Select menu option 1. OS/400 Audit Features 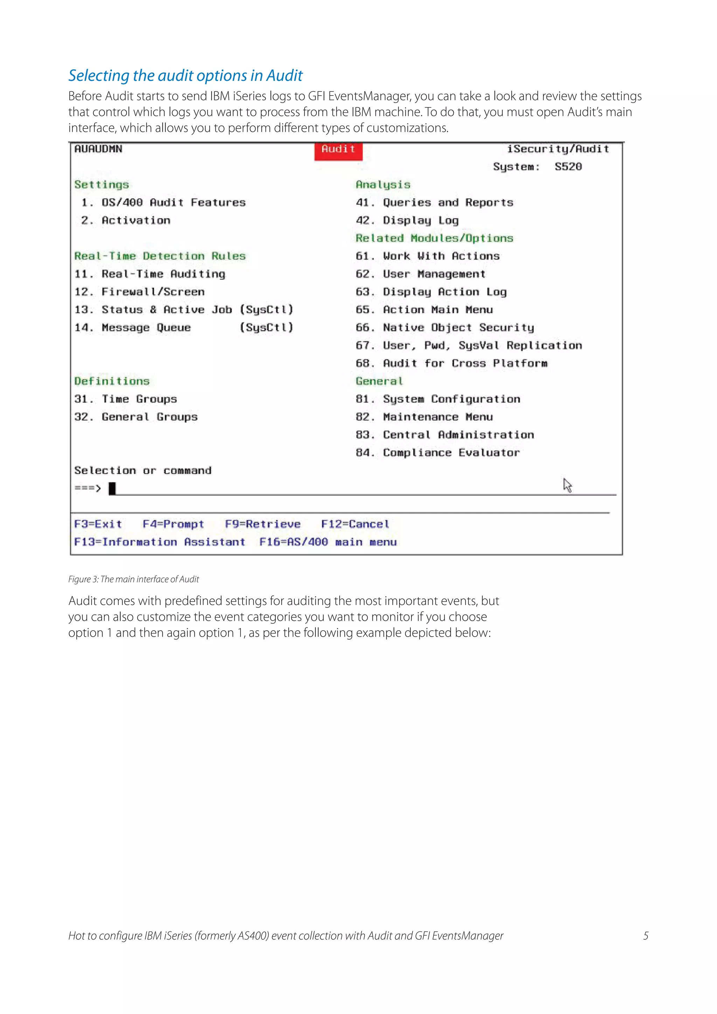[x=163, y=203]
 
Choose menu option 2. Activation [x=126, y=220]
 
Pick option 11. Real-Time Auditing [x=150, y=274]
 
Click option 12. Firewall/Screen [x=140, y=292]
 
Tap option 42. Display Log [x=407, y=220]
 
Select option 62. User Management [x=420, y=274]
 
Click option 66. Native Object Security [x=445, y=328]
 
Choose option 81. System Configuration [x=438, y=399]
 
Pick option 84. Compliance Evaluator [x=438, y=453]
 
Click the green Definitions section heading [x=112, y=381]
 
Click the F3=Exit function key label [x=98, y=524]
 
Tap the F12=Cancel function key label [x=355, y=524]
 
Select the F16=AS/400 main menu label [x=328, y=542]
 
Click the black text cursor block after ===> [x=112, y=488]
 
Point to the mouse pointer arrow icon [x=567, y=485]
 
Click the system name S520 [x=568, y=167]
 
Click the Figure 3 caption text [x=133, y=579]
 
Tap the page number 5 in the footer [x=646, y=935]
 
